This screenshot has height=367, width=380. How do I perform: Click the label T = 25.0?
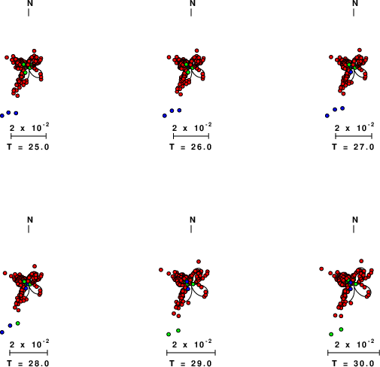pyautogui.click(x=28, y=147)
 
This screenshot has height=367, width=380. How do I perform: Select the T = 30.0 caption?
pyautogui.click(x=353, y=363)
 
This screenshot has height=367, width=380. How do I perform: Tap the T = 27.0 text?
pyautogui.click(x=353, y=147)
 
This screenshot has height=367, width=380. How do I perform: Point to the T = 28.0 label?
pyautogui.click(x=28, y=363)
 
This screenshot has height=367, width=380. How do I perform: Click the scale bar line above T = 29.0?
pyautogui.click(x=191, y=353)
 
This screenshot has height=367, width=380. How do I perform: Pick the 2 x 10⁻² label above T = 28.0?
pyautogui.click(x=29, y=344)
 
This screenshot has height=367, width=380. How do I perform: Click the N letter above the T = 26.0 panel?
pyautogui.click(x=193, y=3)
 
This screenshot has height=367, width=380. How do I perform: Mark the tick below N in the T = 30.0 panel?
pyautogui.click(x=354, y=229)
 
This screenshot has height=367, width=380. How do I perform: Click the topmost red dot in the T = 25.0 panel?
pyautogui.click(x=35, y=51)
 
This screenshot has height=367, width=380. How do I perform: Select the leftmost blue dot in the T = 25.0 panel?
pyautogui.click(x=2, y=116)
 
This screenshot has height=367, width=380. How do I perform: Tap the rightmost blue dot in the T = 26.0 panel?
pyautogui.click(x=179, y=111)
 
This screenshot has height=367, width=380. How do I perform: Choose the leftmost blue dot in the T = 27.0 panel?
pyautogui.click(x=327, y=116)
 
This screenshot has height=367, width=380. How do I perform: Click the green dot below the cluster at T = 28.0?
pyautogui.click(x=17, y=323)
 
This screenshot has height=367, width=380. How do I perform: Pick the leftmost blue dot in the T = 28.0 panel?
pyautogui.click(x=2, y=332)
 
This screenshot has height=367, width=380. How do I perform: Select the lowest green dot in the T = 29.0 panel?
pyautogui.click(x=169, y=334)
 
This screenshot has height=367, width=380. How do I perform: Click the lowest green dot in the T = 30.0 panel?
pyautogui.click(x=331, y=334)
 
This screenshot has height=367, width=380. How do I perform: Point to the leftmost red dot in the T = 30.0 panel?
pyautogui.click(x=321, y=268)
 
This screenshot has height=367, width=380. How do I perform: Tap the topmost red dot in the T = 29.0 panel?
pyautogui.click(x=199, y=262)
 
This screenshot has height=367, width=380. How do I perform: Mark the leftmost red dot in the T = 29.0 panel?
pyautogui.click(x=161, y=270)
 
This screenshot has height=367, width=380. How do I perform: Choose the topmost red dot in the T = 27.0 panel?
pyautogui.click(x=360, y=50)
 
